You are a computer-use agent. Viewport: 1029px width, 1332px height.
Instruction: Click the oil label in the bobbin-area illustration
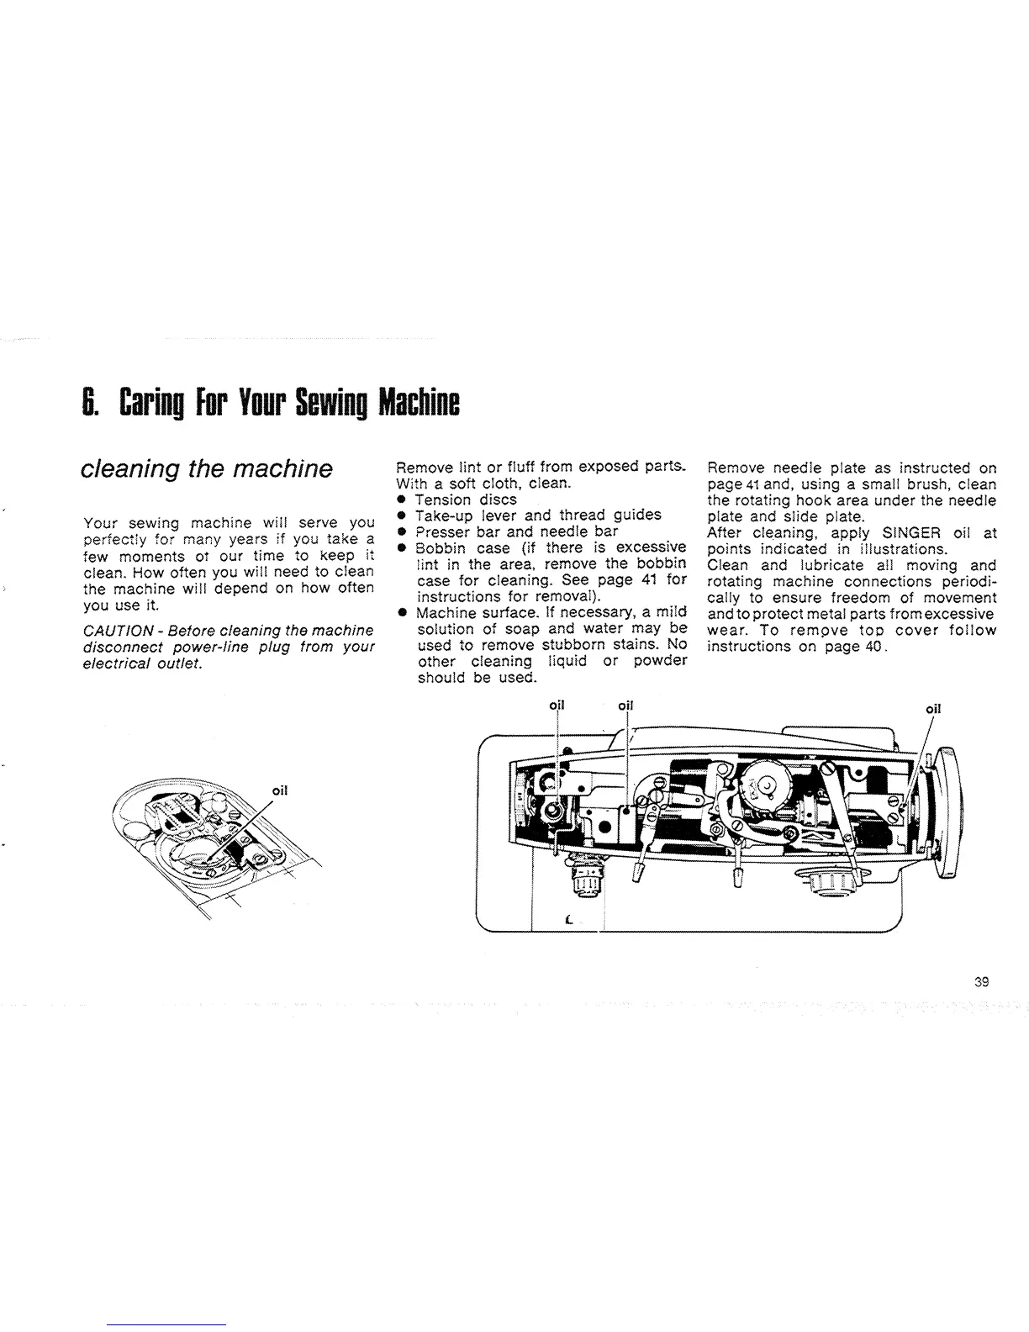[281, 790]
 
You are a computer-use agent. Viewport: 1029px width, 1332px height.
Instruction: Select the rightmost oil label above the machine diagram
[932, 708]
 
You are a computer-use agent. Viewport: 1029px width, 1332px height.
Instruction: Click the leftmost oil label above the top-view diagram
[557, 706]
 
